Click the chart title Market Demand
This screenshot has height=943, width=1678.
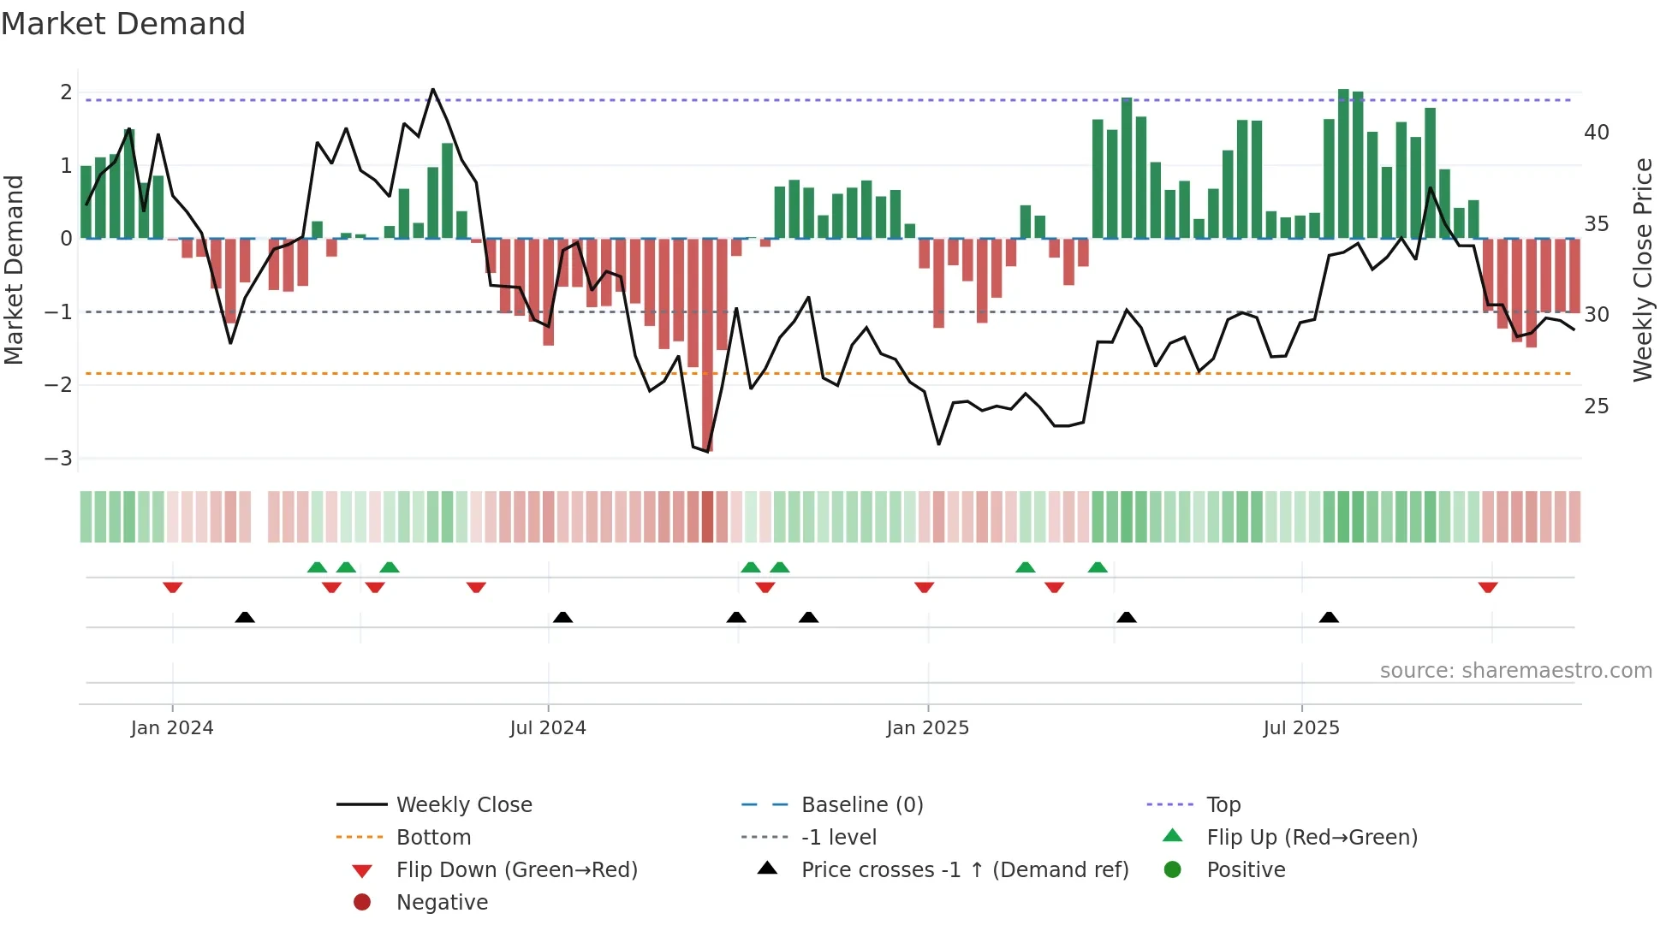(x=123, y=24)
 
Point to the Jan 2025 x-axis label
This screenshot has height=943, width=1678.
(x=927, y=728)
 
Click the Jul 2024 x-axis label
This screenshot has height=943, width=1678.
(x=548, y=728)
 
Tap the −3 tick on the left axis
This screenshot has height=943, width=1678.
(x=58, y=458)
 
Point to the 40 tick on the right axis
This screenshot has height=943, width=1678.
(x=1596, y=133)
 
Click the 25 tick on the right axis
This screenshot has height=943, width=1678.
(x=1596, y=406)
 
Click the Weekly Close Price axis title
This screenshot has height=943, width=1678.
(x=1642, y=270)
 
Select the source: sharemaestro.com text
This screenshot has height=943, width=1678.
(x=1515, y=670)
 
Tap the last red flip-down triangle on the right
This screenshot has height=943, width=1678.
(x=1487, y=587)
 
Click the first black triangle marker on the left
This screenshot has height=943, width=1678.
(x=245, y=617)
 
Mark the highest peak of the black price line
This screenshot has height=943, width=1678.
(x=432, y=90)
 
